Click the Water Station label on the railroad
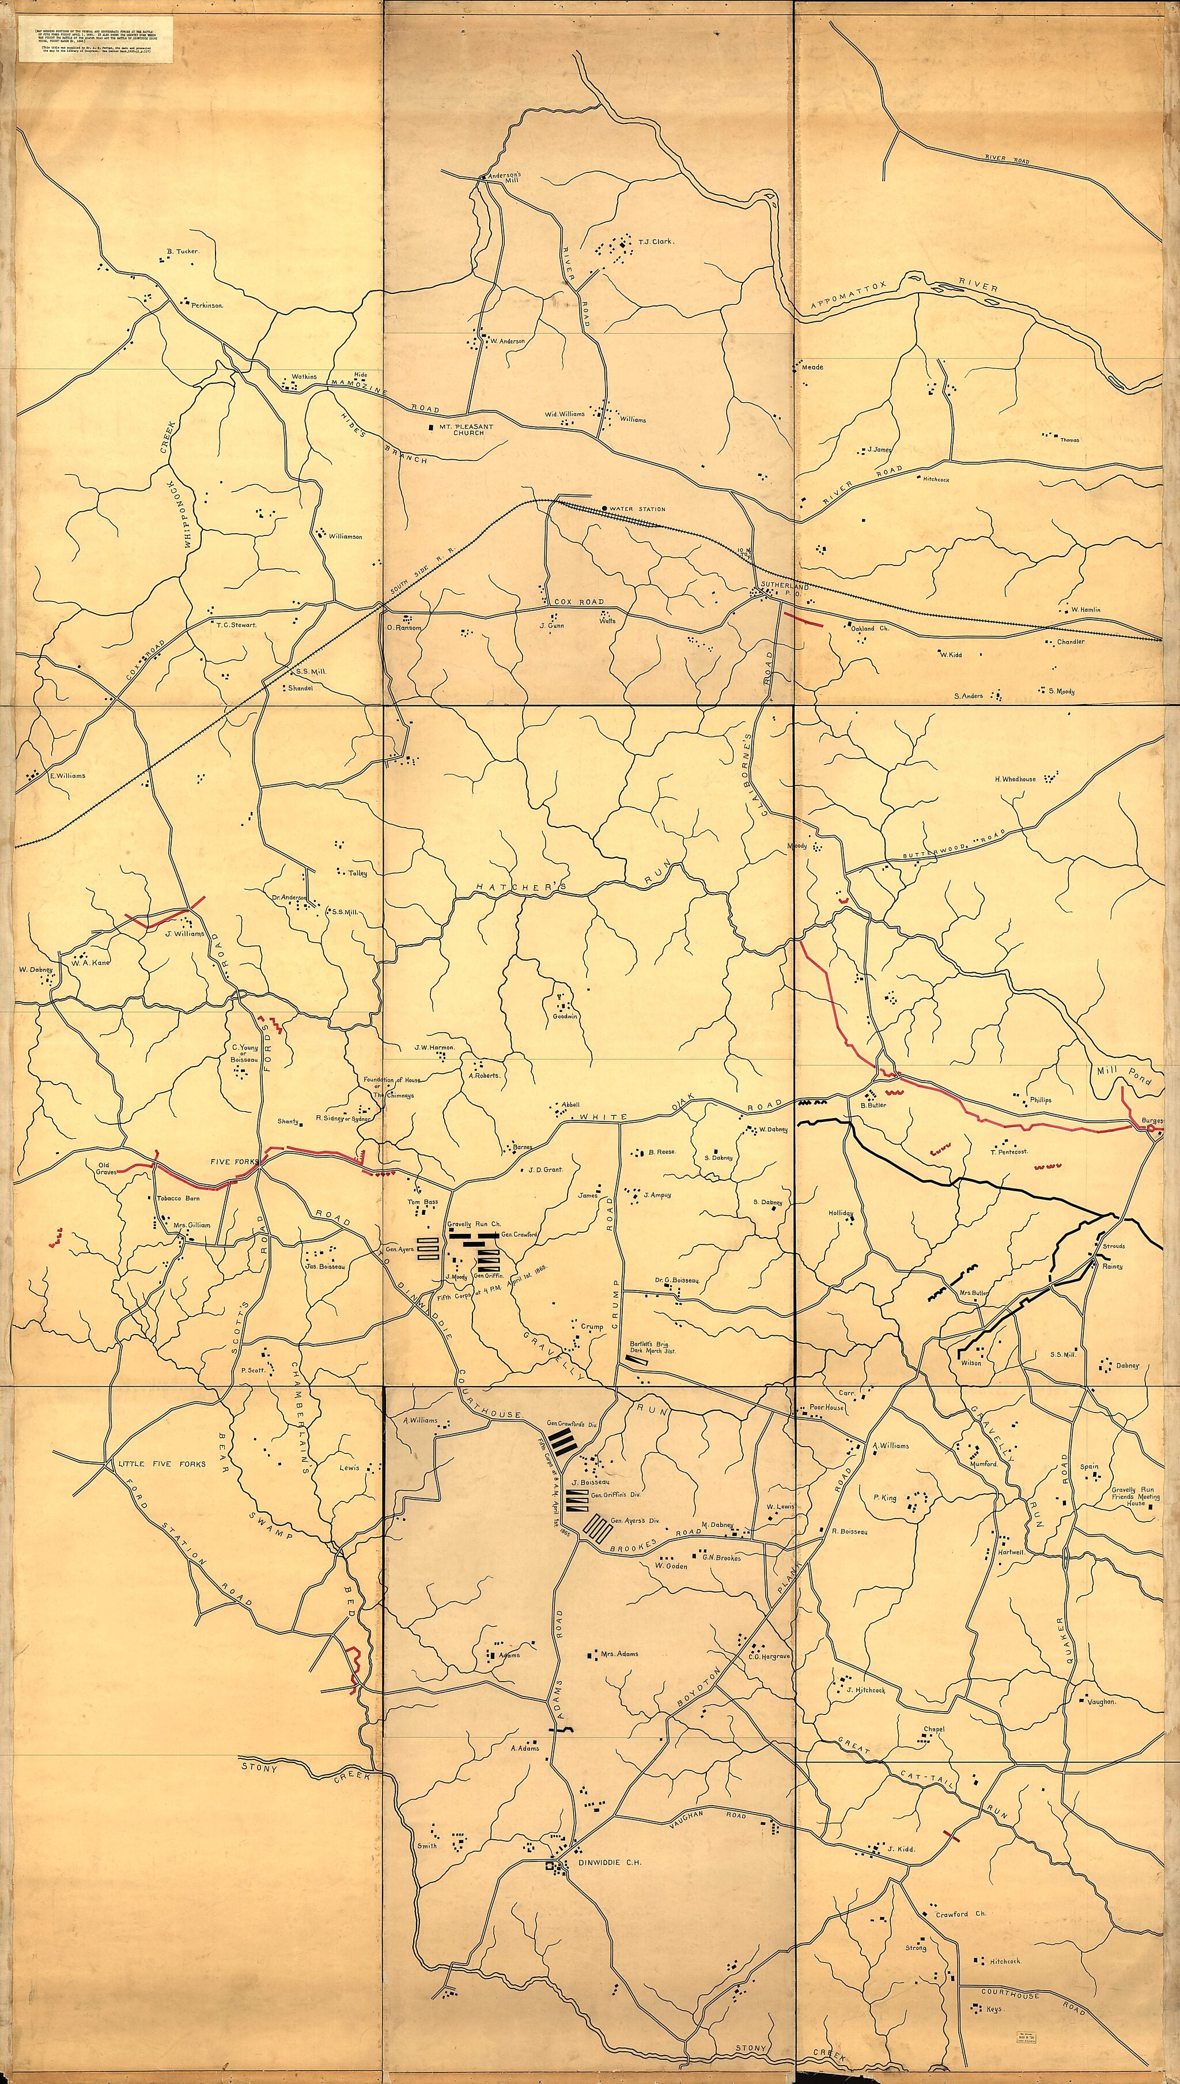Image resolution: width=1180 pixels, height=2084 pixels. [x=638, y=509]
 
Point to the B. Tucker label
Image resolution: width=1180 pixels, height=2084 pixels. [x=182, y=251]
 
